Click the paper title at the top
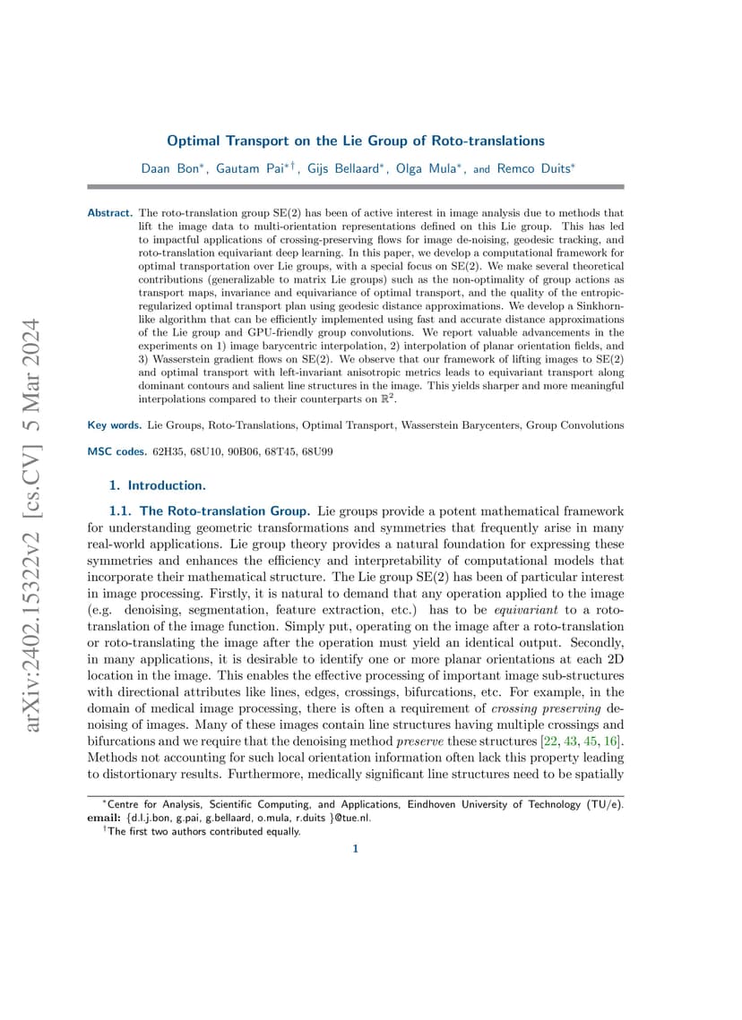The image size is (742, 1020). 356,141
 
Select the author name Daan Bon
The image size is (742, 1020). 172,167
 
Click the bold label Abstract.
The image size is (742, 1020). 110,213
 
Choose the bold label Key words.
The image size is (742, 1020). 114,425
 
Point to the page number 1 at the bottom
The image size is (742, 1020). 356,849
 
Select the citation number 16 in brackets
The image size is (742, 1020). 611,743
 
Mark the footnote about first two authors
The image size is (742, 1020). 203,831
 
